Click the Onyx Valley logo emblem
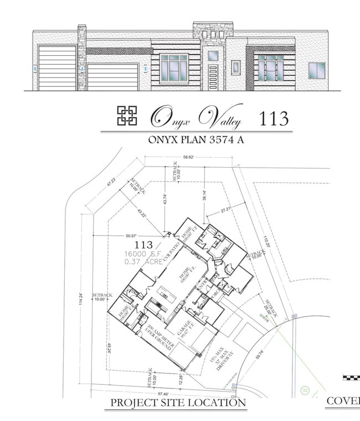127,116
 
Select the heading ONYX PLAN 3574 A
196,140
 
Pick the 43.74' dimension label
164,199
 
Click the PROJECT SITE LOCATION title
178,403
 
